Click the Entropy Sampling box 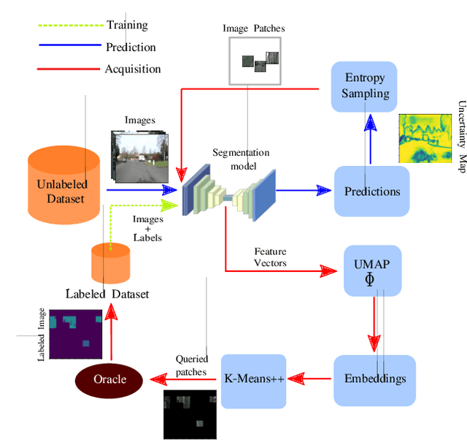(x=365, y=86)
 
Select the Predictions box (x=372, y=191)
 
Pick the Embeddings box (x=374, y=379)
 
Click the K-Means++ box (x=252, y=379)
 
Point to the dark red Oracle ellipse (x=109, y=379)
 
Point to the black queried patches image (x=189, y=414)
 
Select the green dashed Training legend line (x=69, y=26)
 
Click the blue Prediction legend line (x=69, y=47)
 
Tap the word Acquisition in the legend (x=134, y=69)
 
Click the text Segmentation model (x=241, y=159)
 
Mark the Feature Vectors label (x=270, y=257)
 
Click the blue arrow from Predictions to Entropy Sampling (x=371, y=138)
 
